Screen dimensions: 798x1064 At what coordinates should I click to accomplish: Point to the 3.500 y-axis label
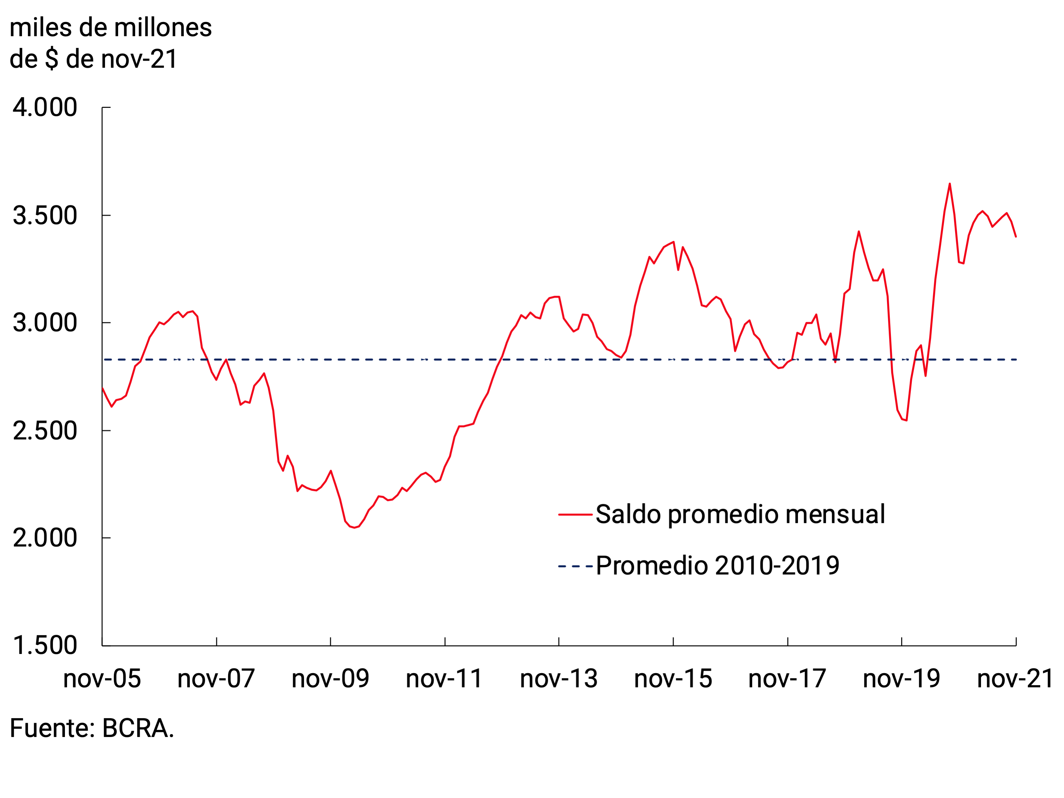(45, 215)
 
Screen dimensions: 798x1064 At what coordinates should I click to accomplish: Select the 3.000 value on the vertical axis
(45, 323)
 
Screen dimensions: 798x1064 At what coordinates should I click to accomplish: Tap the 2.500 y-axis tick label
(45, 430)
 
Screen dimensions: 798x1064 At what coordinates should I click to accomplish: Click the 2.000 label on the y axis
(45, 538)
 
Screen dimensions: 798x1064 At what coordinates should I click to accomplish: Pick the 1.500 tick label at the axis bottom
(45, 645)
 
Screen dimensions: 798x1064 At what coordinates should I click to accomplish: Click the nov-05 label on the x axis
(102, 679)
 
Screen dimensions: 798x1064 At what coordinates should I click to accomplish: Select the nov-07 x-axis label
(216, 679)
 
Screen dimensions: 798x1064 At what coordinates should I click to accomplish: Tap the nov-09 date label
(330, 679)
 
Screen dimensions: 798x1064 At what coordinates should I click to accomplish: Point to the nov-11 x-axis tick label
(445, 679)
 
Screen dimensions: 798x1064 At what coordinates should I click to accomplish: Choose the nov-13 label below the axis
(559, 679)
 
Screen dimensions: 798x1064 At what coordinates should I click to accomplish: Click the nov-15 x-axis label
(673, 679)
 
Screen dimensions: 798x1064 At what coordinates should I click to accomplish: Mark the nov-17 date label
(787, 679)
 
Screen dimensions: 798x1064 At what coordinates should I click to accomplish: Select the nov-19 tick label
(902, 679)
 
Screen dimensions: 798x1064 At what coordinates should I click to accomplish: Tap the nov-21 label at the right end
(1015, 679)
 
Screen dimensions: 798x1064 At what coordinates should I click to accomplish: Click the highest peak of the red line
(949, 184)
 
